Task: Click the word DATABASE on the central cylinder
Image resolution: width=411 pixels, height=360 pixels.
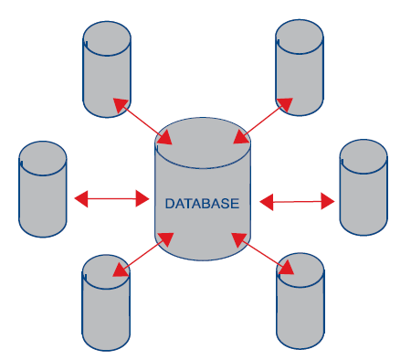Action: [202, 204]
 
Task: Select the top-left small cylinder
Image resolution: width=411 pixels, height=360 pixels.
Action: [107, 69]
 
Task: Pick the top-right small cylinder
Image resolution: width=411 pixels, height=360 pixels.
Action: [300, 68]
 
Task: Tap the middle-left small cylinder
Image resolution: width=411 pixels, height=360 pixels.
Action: [43, 189]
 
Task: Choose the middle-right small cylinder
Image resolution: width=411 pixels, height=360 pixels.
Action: [364, 187]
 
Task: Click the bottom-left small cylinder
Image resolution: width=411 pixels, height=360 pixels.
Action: [106, 302]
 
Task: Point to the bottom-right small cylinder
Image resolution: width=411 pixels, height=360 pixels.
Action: [300, 301]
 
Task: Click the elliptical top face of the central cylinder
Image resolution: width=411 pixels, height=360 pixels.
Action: [203, 143]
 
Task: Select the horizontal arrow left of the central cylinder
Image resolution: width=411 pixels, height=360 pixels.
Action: [111, 199]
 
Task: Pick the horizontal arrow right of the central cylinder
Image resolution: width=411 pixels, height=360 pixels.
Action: [297, 201]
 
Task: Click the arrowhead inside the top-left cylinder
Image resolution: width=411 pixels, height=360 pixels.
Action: [120, 104]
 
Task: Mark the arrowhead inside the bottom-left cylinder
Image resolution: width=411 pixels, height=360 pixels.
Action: [121, 270]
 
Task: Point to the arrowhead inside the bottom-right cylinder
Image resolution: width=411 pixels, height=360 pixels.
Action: [286, 268]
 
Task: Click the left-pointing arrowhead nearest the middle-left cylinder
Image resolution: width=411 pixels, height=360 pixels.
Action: [81, 199]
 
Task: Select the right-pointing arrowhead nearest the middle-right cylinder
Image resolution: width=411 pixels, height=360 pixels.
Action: [328, 201]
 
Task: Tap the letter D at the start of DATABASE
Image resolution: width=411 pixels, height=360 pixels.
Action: [169, 204]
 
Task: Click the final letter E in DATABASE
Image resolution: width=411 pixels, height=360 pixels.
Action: [236, 204]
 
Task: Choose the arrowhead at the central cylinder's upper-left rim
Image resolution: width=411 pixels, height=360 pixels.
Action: [165, 138]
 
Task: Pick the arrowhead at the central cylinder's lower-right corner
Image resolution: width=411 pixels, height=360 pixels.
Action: [239, 239]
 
